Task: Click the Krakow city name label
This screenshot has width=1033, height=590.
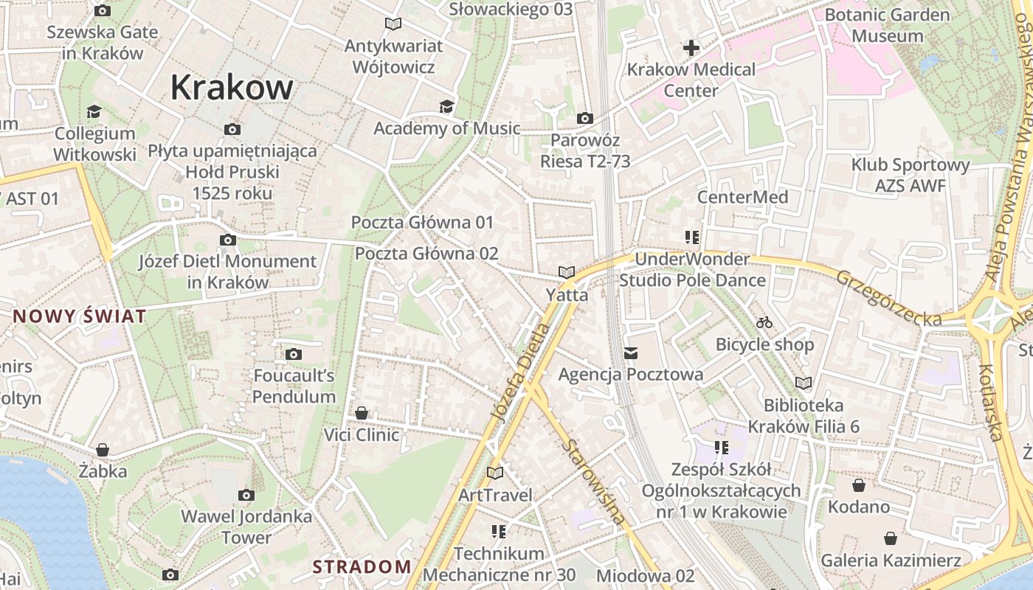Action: click(232, 88)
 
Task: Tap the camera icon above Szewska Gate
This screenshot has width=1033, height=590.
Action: click(103, 11)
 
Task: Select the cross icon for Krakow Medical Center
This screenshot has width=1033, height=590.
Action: click(691, 49)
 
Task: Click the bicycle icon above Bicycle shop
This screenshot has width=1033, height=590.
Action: click(764, 322)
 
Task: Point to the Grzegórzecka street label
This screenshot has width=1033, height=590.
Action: click(888, 298)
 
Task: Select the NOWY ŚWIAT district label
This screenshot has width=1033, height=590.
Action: click(80, 317)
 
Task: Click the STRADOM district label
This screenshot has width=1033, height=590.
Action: click(362, 566)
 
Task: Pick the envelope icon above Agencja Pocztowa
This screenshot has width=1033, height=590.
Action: click(631, 353)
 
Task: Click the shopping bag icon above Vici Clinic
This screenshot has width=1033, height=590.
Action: click(362, 413)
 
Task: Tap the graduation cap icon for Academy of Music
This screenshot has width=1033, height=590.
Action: click(446, 107)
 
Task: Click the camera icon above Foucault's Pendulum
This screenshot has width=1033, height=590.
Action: click(294, 355)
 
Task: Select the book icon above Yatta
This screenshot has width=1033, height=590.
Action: click(567, 273)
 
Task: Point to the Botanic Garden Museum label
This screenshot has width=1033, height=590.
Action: click(887, 25)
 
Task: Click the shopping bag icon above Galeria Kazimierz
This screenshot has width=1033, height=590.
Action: click(891, 538)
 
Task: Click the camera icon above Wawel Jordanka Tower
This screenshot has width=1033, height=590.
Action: click(246, 495)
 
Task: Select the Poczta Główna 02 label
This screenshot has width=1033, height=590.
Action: click(426, 254)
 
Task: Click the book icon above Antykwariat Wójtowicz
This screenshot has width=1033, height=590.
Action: click(393, 24)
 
